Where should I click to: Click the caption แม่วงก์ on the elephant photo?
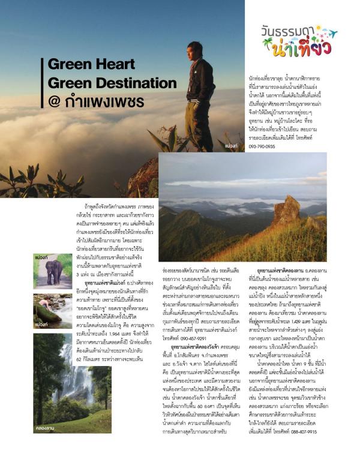pyautogui.click(x=41, y=257)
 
